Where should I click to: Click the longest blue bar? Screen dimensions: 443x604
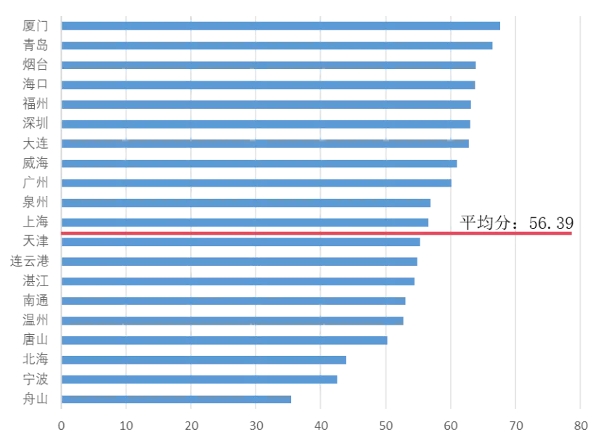click(x=283, y=26)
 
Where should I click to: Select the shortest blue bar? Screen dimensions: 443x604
click(x=179, y=400)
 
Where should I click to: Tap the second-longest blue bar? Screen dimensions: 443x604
click(x=277, y=46)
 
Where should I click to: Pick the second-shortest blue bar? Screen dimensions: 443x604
click(x=202, y=380)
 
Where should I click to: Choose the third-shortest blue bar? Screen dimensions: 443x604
click(x=205, y=360)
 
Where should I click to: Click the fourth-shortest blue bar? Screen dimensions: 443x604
click(x=225, y=340)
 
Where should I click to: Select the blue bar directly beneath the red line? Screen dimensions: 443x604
click(x=242, y=243)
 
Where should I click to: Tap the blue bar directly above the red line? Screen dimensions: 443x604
click(x=245, y=221)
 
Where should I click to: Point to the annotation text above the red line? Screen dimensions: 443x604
click(x=520, y=226)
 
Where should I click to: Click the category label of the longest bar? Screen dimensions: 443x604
click(x=36, y=26)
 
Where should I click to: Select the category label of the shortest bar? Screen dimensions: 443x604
click(x=36, y=400)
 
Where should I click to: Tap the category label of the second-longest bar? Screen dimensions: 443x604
click(x=36, y=46)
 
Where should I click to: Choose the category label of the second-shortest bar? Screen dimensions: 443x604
click(x=36, y=380)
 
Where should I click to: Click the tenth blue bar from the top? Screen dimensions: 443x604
click(x=248, y=203)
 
